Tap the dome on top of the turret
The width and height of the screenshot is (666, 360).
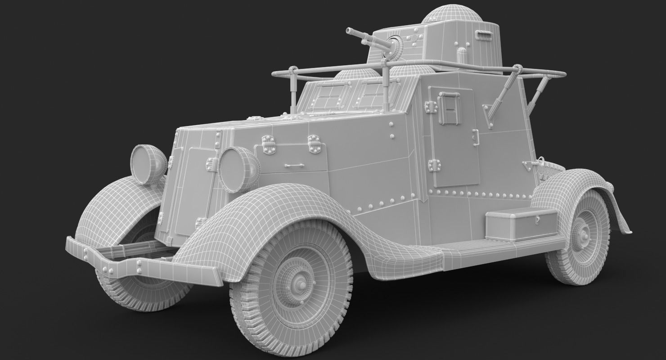(x=451, y=14)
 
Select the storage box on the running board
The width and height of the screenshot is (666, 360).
(x=521, y=224)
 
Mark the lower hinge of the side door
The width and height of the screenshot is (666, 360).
(x=433, y=165)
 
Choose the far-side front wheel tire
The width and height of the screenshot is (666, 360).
(x=135, y=288)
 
